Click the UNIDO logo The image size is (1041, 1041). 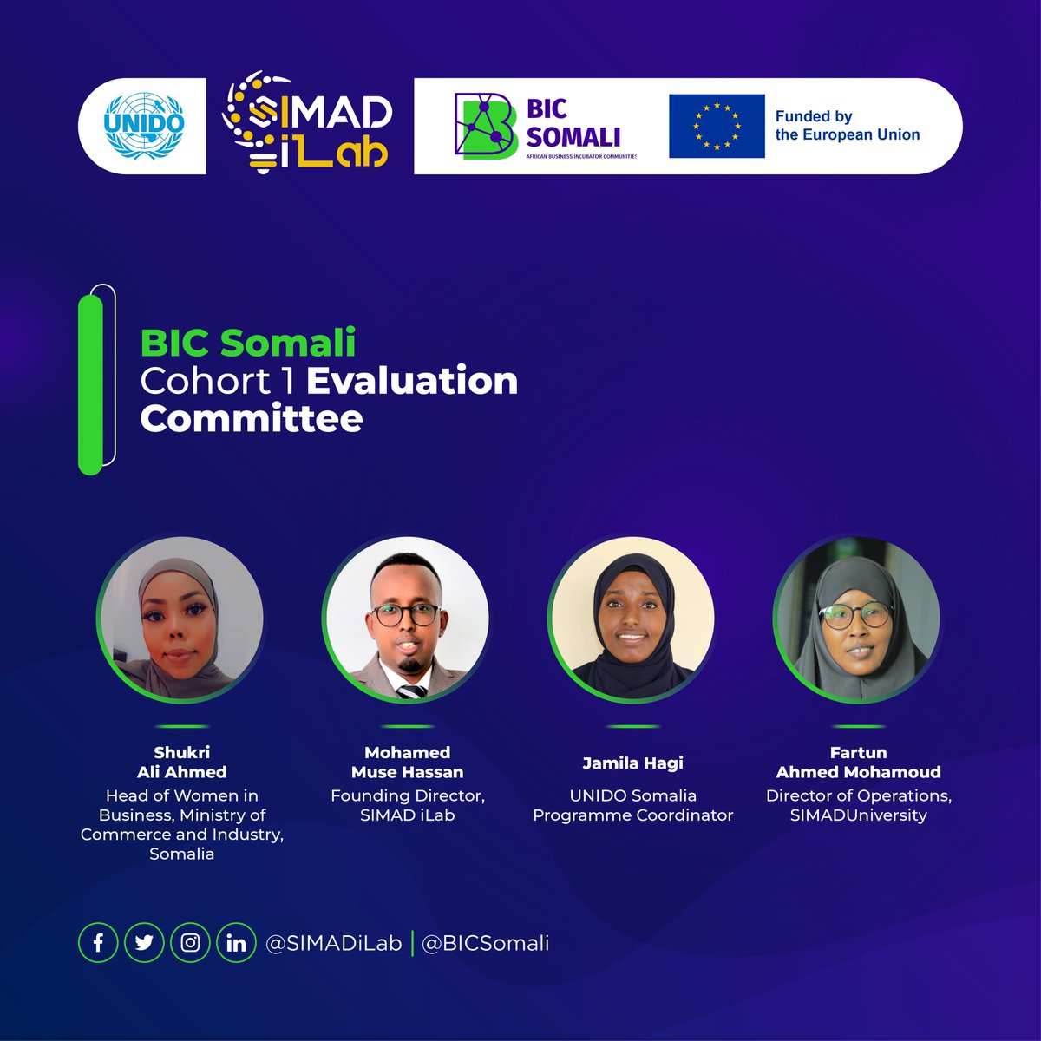(x=144, y=125)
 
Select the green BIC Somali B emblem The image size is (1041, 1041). (x=486, y=126)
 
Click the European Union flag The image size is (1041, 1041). (x=717, y=127)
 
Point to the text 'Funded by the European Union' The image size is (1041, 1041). (x=847, y=126)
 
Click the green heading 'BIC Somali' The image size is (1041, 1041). (x=248, y=343)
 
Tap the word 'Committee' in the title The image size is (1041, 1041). (x=252, y=419)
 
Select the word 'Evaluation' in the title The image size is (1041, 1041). (x=412, y=381)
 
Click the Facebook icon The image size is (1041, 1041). (x=98, y=943)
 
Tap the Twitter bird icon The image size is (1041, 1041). (x=144, y=943)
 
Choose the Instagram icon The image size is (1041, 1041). (x=190, y=943)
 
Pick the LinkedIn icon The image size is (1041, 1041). (x=236, y=943)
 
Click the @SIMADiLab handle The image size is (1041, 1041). (x=334, y=944)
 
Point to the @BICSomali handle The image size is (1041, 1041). (x=485, y=944)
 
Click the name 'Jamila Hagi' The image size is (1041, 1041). (x=632, y=763)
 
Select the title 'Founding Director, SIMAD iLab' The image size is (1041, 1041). (x=407, y=805)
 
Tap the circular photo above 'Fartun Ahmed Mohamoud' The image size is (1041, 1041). (x=858, y=619)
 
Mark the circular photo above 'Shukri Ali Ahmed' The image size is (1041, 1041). (x=181, y=619)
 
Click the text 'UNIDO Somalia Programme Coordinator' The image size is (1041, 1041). (x=632, y=805)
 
